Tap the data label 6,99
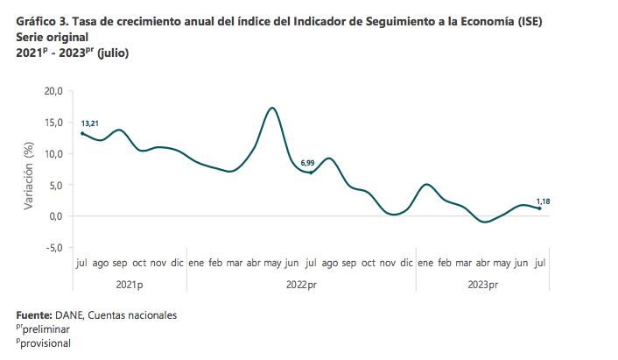click(x=307, y=163)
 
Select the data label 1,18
click(x=542, y=201)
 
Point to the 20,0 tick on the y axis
click(x=53, y=91)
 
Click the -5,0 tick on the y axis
click(x=54, y=248)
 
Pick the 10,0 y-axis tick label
click(x=53, y=154)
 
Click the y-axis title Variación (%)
click(x=28, y=170)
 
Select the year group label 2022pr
click(x=299, y=286)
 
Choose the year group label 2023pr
click(x=481, y=286)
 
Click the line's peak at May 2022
click(x=273, y=108)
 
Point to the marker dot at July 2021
click(x=81, y=133)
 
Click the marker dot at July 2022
click(x=311, y=173)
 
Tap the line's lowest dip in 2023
click(x=484, y=222)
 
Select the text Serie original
click(x=52, y=38)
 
